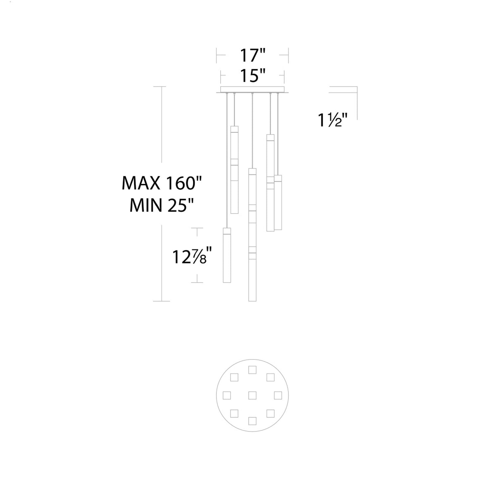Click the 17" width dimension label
[x=252, y=55]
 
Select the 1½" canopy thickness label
[x=332, y=120]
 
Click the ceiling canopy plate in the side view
[x=252, y=90]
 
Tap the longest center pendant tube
[x=252, y=235]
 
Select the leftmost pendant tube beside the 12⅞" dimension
[x=227, y=255]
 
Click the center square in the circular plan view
[x=252, y=395]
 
